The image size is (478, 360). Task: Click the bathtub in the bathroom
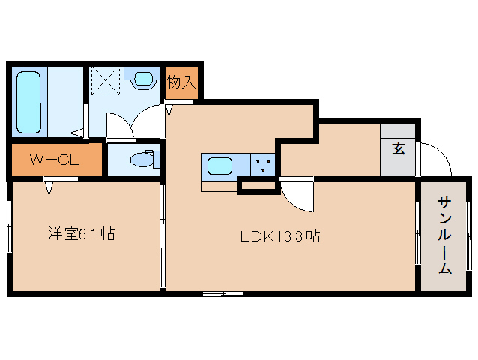[x=28, y=103]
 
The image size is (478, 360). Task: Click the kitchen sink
[x=220, y=166]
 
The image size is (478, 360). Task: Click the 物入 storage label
[x=181, y=82]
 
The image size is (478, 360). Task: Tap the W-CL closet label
[x=54, y=160]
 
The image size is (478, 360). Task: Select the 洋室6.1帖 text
[x=82, y=234]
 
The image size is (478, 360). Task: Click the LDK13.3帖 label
[x=280, y=235]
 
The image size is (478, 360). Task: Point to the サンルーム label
[x=444, y=235]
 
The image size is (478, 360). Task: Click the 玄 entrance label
[x=399, y=149]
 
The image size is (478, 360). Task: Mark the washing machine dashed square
[x=106, y=81]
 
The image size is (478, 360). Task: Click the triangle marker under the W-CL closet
[x=49, y=188]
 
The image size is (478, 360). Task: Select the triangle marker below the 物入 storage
[x=169, y=110]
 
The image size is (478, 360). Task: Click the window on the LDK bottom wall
[x=223, y=294]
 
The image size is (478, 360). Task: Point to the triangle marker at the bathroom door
[x=77, y=133]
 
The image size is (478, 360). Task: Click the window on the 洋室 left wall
[x=10, y=226]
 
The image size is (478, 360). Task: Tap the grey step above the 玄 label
[x=398, y=131]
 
